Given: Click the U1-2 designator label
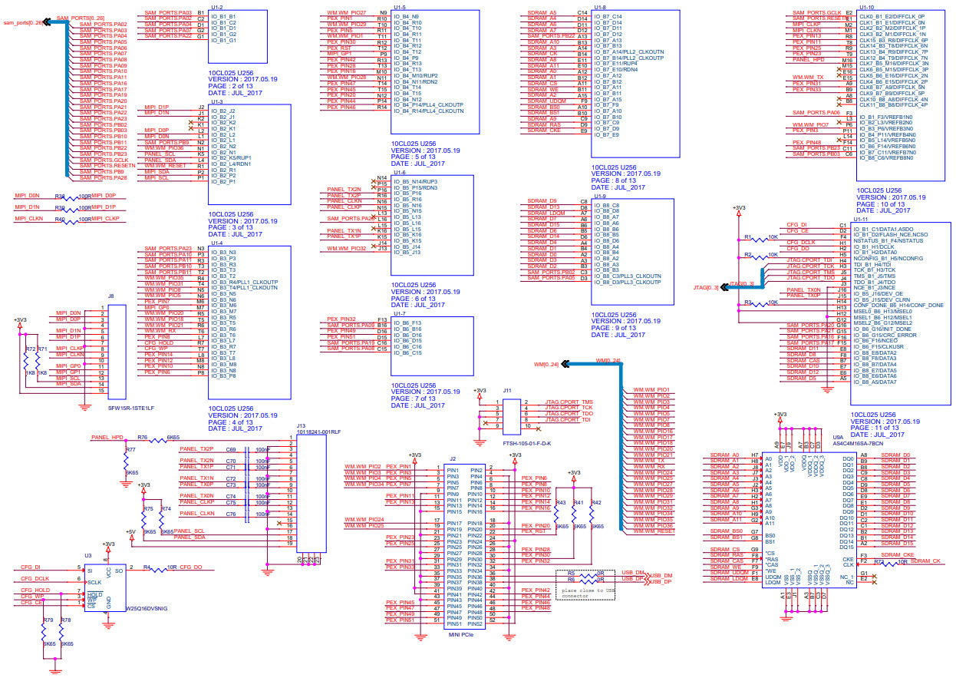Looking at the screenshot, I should [x=216, y=7].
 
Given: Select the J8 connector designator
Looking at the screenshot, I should [x=111, y=295].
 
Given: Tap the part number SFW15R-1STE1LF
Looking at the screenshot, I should [x=131, y=408].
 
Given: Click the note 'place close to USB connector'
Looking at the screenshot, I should [x=586, y=590].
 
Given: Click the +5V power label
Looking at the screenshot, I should [x=130, y=531].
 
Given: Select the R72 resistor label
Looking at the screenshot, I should [x=30, y=349].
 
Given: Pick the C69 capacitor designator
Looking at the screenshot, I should [x=230, y=450].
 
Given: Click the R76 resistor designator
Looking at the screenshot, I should [x=143, y=437].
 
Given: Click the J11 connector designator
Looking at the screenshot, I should [x=507, y=391].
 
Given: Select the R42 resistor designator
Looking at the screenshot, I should [x=596, y=503].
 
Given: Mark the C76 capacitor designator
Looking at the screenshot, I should [x=230, y=514].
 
